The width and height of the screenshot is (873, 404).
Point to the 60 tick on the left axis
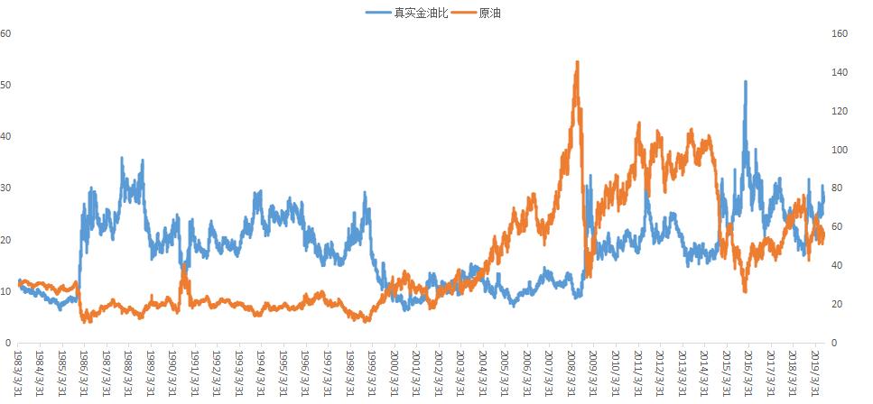coord(6,33)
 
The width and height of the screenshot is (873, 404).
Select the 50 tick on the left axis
coord(6,85)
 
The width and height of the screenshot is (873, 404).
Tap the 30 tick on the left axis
coord(6,188)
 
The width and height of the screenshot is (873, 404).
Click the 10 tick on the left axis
coord(6,291)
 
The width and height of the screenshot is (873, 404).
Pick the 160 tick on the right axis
coord(840,33)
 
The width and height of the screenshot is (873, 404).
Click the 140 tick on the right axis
coord(840,72)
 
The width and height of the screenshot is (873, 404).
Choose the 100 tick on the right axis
coord(840,150)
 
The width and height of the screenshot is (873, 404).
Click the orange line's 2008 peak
coord(577,62)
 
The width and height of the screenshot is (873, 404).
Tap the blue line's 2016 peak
coord(745,82)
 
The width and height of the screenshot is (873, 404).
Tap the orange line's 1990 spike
coord(183,265)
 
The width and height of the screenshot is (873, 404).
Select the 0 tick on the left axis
coord(8,343)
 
